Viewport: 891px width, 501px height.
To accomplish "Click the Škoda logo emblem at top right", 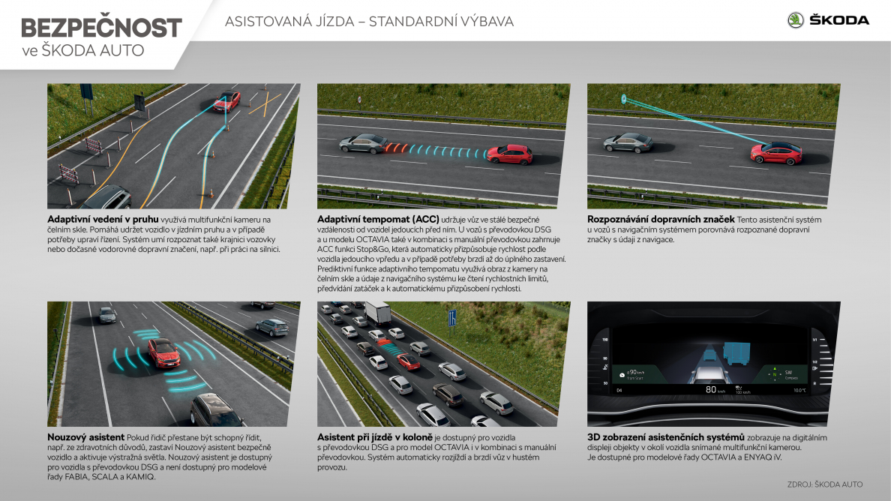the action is pos(796,20).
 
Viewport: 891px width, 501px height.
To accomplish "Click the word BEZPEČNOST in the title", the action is pos(102,28).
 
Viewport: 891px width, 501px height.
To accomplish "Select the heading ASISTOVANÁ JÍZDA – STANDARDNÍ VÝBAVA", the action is pos(369,22).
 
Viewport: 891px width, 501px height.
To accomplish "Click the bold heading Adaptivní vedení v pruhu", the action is pos(103,219).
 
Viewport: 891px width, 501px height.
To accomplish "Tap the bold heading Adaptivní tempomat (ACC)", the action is pos(378,219).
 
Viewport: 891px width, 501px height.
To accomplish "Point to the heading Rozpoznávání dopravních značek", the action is pos(661,219).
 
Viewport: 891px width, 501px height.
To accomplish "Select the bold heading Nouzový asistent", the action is pos(85,437).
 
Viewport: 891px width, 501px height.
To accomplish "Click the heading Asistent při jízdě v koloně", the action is pos(374,437).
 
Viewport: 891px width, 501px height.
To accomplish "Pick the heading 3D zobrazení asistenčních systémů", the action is pos(666,437).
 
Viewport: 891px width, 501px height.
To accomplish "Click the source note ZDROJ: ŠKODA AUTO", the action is pos(824,484).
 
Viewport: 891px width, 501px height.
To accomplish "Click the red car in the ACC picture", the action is pos(510,154).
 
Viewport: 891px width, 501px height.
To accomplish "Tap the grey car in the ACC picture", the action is pos(364,144).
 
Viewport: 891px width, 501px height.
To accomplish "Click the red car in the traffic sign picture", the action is pos(776,153).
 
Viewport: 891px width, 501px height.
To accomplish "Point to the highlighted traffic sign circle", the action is pos(623,100).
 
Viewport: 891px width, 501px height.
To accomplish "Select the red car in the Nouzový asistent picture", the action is pos(164,352).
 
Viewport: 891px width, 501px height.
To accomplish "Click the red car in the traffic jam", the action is pos(408,361).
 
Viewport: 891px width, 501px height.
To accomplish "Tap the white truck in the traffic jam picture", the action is pos(378,313).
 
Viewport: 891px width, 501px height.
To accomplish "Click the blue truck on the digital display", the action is pos(737,352).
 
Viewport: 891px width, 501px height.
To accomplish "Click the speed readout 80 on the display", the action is pos(711,390).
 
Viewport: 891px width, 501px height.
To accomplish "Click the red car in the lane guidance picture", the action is pos(226,101).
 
